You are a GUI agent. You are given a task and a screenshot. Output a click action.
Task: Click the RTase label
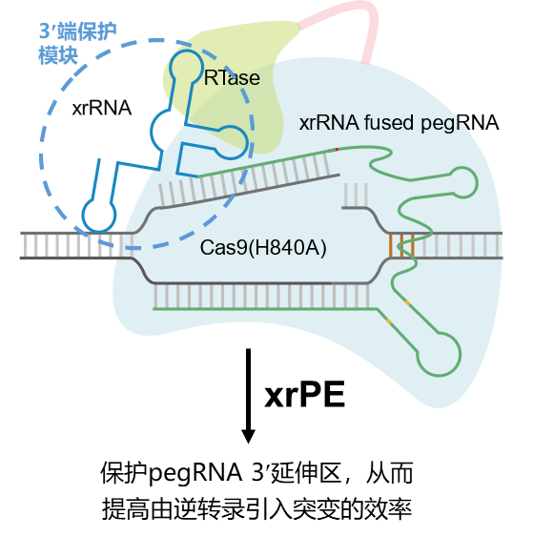[x=232, y=77]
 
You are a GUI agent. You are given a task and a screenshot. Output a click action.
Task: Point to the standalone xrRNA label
[x=102, y=108]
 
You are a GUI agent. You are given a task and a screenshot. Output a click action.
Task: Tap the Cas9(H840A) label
[x=263, y=248]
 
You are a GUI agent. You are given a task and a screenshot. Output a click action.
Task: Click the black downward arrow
[x=248, y=396]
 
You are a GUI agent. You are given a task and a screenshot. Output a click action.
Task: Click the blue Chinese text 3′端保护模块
[x=77, y=43]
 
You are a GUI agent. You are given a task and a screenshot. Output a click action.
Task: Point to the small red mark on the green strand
[x=337, y=150]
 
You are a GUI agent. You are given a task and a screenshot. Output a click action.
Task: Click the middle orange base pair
[x=401, y=245]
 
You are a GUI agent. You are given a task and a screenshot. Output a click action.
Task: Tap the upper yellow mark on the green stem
[x=407, y=302]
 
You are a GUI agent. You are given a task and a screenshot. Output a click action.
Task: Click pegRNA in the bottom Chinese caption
[x=195, y=473]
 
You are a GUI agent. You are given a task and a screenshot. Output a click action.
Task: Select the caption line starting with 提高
[x=256, y=509]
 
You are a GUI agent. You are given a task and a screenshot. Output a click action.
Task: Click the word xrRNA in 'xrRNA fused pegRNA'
[x=329, y=123]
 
